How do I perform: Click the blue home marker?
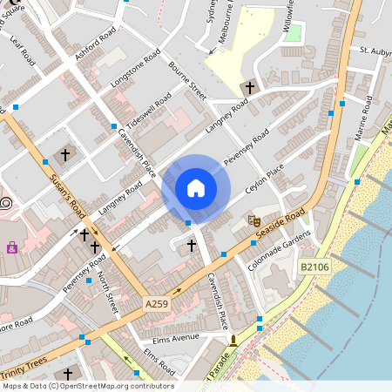196,188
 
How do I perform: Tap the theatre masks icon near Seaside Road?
254,221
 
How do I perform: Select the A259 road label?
157,304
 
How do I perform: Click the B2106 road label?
314,267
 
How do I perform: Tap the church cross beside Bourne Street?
250,88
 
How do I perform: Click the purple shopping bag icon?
12,248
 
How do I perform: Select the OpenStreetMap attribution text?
87,386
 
